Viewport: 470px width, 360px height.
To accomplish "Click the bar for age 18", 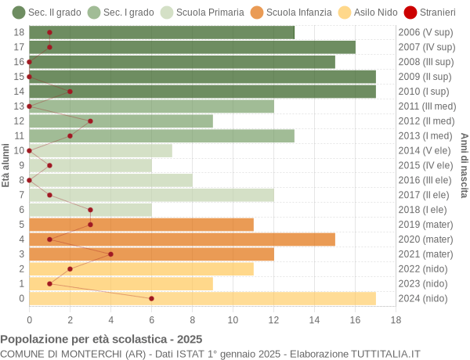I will coord(161,32).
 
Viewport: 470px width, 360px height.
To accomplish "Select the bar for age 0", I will coord(202,298).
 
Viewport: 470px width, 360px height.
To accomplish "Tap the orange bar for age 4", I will coord(182,239).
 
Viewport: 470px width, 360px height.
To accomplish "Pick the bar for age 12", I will coord(121,121).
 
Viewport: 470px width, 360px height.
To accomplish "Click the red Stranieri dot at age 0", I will coord(151,298).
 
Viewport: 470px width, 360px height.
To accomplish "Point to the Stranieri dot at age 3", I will coord(110,254).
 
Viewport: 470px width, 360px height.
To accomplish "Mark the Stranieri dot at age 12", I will coord(90,121).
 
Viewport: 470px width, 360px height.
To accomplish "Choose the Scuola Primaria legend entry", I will coord(201,13).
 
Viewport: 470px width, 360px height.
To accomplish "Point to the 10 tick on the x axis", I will coord(233,319).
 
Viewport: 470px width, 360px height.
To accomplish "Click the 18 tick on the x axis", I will coord(396,319).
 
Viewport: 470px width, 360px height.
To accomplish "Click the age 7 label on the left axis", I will coord(20,195).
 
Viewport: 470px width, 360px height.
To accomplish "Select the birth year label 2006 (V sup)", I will coord(425,32).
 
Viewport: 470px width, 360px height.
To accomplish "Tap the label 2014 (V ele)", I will coord(425,150).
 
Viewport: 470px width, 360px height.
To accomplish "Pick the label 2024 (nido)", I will coord(424,298).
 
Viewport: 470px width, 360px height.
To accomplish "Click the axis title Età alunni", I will coord(5,165).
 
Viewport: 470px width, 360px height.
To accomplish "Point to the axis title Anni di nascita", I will coord(464,165).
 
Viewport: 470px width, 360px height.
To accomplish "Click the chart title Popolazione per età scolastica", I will coord(101,340).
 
